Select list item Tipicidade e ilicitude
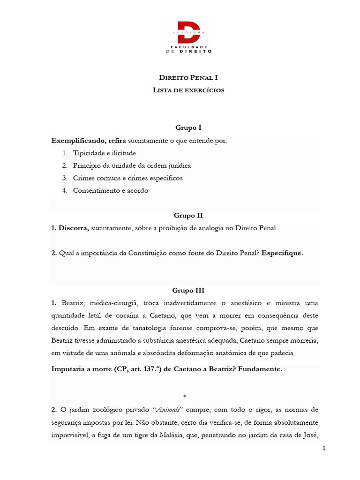pyautogui.click(x=104, y=153)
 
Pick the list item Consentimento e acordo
pyautogui.click(x=110, y=191)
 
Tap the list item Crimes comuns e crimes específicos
pyautogui.click(x=127, y=178)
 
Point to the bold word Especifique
pyautogui.click(x=282, y=253)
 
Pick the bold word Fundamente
pyautogui.click(x=260, y=369)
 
